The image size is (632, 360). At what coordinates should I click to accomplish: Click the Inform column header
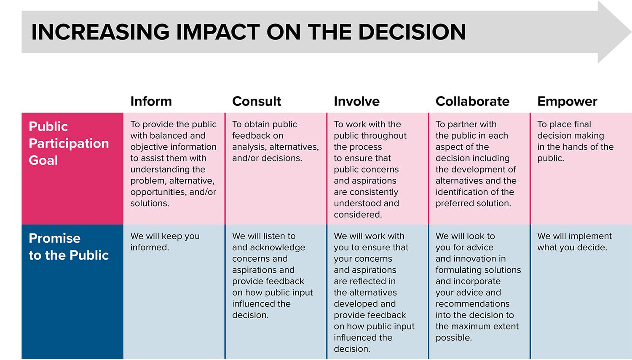151,101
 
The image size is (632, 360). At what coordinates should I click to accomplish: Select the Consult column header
257,101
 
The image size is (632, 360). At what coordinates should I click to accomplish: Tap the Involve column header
356,101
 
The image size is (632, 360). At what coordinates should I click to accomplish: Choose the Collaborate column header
472,101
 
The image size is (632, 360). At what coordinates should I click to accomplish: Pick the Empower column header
567,102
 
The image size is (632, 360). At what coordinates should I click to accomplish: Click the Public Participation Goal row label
69,143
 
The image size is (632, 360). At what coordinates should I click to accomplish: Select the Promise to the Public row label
69,247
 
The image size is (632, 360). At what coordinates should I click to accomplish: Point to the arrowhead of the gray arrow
631,32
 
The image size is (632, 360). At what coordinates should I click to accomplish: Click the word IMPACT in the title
218,32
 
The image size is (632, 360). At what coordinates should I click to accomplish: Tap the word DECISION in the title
412,32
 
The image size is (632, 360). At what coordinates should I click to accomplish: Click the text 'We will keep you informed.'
165,242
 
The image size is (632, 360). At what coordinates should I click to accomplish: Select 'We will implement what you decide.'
574,242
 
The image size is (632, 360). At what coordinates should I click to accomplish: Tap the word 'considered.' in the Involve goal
358,215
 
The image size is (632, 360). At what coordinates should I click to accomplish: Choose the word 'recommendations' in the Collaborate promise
473,304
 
